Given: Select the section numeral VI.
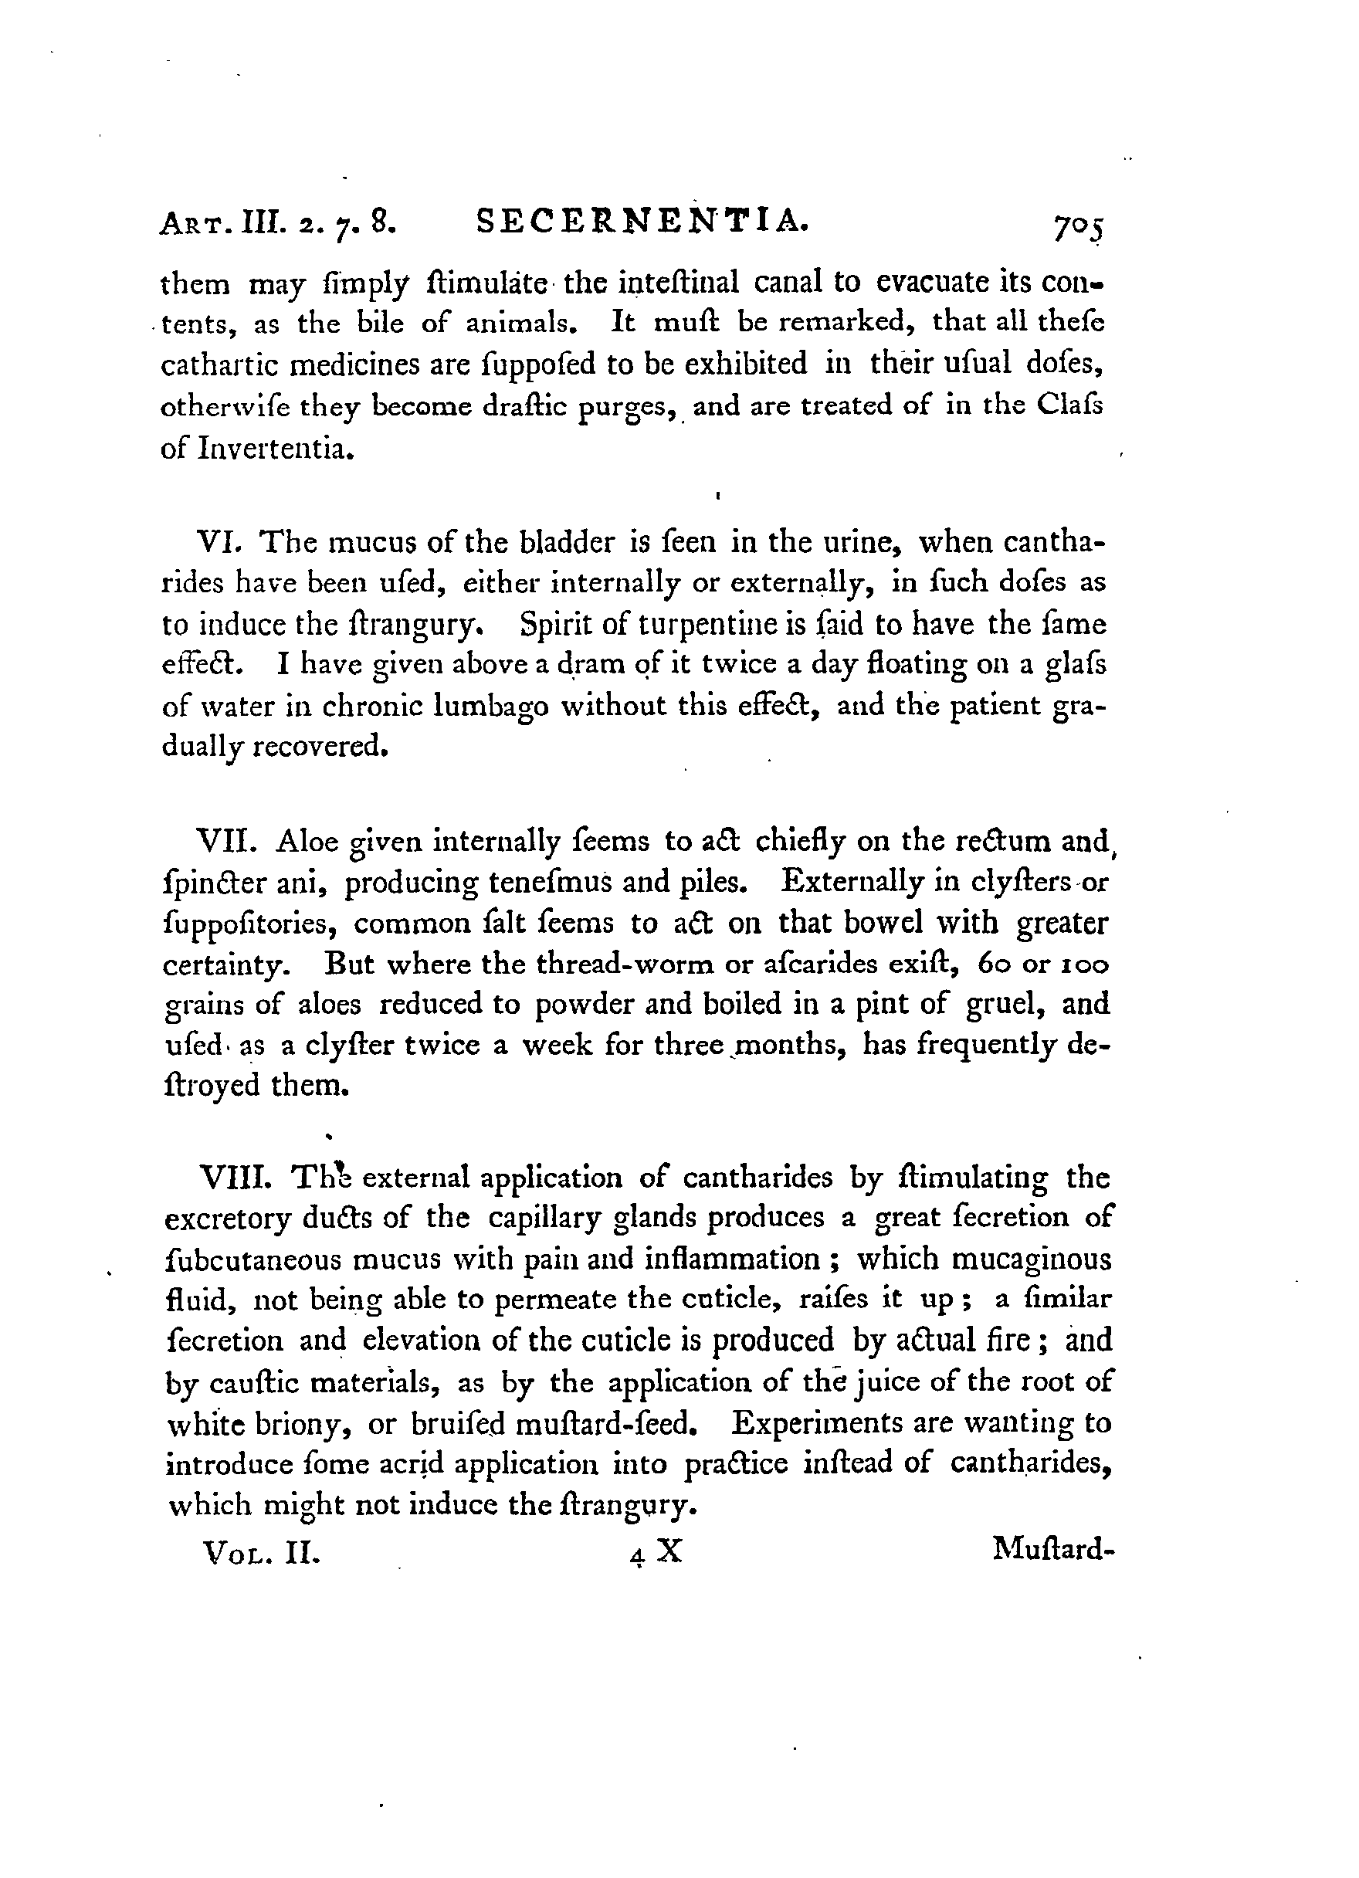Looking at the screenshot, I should click(x=221, y=542).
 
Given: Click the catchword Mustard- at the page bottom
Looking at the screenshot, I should click(x=1049, y=1547).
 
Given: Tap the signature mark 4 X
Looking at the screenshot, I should click(x=655, y=1551).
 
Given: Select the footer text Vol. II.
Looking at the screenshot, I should click(x=260, y=1551).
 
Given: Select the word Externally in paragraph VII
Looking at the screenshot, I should click(x=852, y=883).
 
